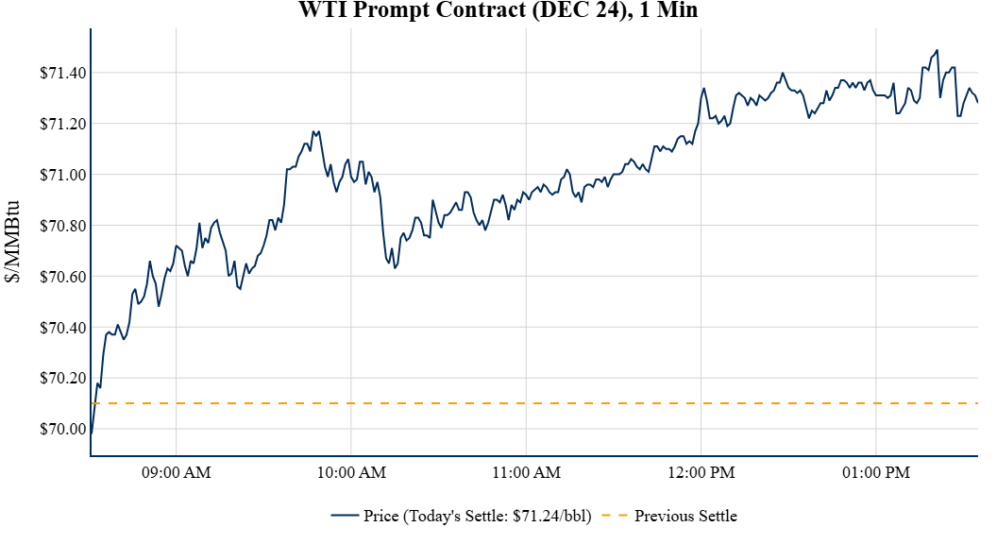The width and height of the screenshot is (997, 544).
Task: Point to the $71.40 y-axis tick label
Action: pos(60,74)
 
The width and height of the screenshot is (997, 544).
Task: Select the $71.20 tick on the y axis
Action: pos(60,125)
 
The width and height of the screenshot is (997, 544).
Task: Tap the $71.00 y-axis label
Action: pos(60,176)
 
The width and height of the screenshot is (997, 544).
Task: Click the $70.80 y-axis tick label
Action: pos(60,227)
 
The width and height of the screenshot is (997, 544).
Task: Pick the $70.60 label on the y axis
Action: pos(60,278)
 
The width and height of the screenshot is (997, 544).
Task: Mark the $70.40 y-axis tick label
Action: pos(60,329)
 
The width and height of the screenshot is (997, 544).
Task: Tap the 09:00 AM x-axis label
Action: pos(177,472)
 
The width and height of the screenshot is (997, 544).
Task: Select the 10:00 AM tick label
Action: pos(351,472)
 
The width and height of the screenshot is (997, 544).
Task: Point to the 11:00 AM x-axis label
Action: pos(526,472)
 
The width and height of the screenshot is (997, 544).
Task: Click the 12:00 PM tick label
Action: pos(701,472)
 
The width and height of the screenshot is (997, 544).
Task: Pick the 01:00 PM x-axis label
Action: pos(876,472)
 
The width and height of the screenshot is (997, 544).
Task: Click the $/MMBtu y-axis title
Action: pos(13,242)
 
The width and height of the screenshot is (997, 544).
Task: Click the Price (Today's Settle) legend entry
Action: pos(468,516)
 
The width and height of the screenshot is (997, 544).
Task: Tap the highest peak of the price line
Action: pos(937,50)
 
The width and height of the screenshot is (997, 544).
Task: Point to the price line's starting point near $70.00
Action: pos(92,434)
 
